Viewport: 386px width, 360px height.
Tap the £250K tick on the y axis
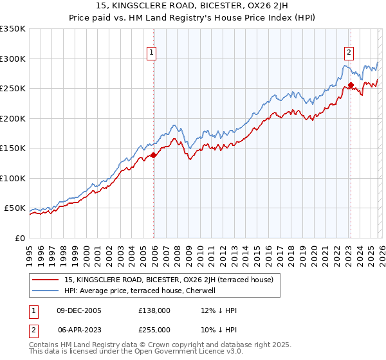pyautogui.click(x=13, y=89)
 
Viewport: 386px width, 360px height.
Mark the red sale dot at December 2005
pyautogui.click(x=154, y=156)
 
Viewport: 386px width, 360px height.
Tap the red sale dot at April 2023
pyautogui.click(x=351, y=85)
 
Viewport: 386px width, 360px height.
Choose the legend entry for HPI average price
pyautogui.click(x=139, y=291)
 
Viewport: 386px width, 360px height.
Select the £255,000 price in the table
pyautogui.click(x=154, y=329)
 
